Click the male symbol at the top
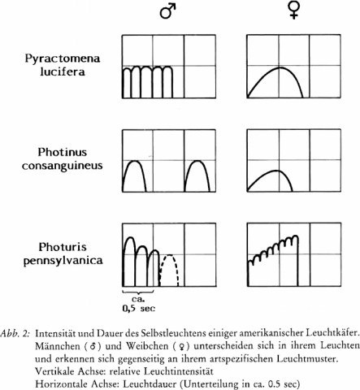pyautogui.click(x=167, y=11)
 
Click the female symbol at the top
pyautogui.click(x=294, y=11)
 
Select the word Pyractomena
pyautogui.click(x=63, y=58)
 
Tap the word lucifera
pyautogui.click(x=63, y=71)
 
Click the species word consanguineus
pyautogui.click(x=63, y=166)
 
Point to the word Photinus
pyautogui.click(x=63, y=152)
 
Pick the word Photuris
pyautogui.click(x=63, y=247)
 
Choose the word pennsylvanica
pyautogui.click(x=63, y=261)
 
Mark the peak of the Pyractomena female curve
pyautogui.click(x=280, y=67)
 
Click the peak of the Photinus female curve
pyautogui.click(x=275, y=171)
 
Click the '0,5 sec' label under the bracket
pyautogui.click(x=139, y=309)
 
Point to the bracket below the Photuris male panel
pyautogui.click(x=138, y=292)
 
